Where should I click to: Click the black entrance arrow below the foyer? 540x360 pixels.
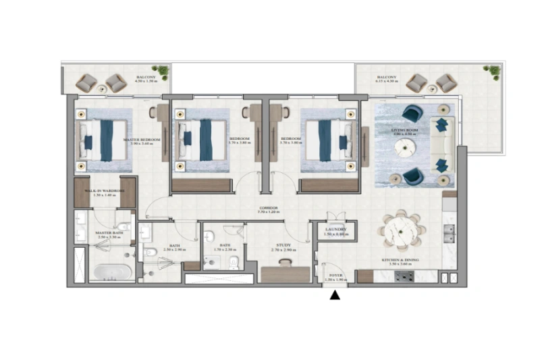point(335,294)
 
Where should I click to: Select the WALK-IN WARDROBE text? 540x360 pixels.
point(104,192)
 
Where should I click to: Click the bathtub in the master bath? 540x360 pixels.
point(112,272)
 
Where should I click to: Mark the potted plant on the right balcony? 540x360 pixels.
point(493,70)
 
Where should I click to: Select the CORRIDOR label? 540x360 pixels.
point(269,209)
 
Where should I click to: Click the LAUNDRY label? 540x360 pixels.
point(335,231)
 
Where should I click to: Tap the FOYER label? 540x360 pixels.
point(335,277)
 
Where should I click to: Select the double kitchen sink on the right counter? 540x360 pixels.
point(449,232)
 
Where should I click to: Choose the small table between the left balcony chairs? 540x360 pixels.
point(101,88)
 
